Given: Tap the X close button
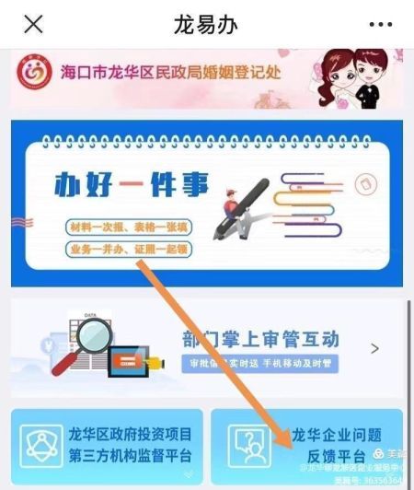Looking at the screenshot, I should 33,24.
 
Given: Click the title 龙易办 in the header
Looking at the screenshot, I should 205,24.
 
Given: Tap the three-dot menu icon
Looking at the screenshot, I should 380,24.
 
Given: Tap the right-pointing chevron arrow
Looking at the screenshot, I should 374,349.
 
